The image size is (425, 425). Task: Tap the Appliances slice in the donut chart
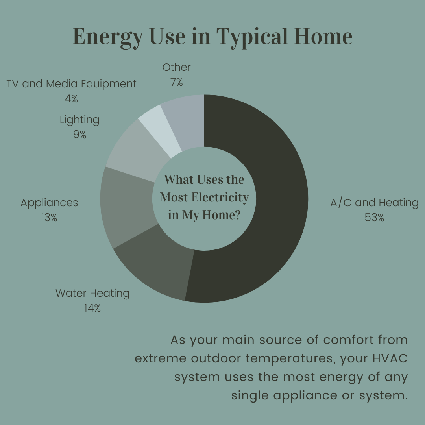(x=128, y=206)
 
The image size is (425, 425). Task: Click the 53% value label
(x=374, y=217)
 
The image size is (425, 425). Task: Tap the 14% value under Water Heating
(x=92, y=308)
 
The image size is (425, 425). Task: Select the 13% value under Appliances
(x=49, y=217)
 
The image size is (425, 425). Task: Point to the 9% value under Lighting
(x=79, y=135)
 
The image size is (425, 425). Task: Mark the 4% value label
(x=71, y=98)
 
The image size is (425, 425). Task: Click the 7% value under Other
(x=176, y=82)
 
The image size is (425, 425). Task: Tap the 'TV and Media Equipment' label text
(x=71, y=84)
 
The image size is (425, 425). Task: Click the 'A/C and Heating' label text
(x=374, y=203)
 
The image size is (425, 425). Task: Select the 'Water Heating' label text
(x=92, y=294)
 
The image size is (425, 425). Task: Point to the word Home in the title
(x=323, y=36)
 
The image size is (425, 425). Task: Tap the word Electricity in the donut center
(x=220, y=197)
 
